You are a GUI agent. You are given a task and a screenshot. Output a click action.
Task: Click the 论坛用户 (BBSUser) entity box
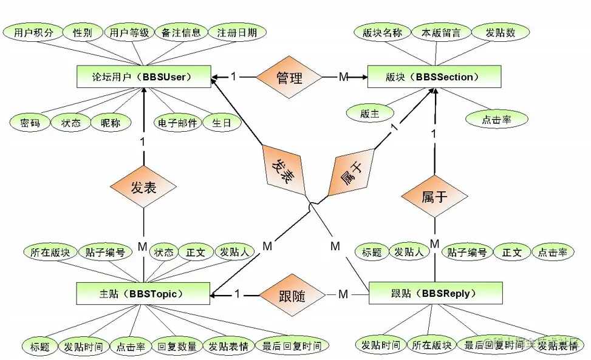click(143, 77)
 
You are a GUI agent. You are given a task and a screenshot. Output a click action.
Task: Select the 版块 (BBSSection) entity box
click(434, 77)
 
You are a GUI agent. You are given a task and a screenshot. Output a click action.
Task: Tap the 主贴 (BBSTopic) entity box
click(143, 293)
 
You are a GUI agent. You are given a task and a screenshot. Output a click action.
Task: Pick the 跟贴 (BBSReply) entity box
click(436, 293)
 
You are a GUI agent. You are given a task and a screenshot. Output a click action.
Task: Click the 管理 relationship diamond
click(289, 77)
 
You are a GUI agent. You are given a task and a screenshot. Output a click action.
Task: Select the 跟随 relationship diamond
click(293, 296)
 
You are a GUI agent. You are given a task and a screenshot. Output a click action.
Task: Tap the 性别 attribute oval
click(82, 33)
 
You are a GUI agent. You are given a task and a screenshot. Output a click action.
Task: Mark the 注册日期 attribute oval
click(236, 33)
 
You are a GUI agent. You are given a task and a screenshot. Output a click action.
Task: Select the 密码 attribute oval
click(30, 123)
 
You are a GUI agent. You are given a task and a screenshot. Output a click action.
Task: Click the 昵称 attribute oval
click(111, 123)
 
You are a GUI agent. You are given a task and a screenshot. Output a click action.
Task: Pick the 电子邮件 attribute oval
click(177, 123)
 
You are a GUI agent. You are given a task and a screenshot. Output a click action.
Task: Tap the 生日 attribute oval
click(222, 123)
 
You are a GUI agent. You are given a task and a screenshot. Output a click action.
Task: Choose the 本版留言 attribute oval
click(440, 33)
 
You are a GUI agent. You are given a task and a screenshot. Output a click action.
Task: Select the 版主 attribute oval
click(369, 113)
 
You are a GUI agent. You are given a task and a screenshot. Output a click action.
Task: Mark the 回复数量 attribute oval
click(177, 347)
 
